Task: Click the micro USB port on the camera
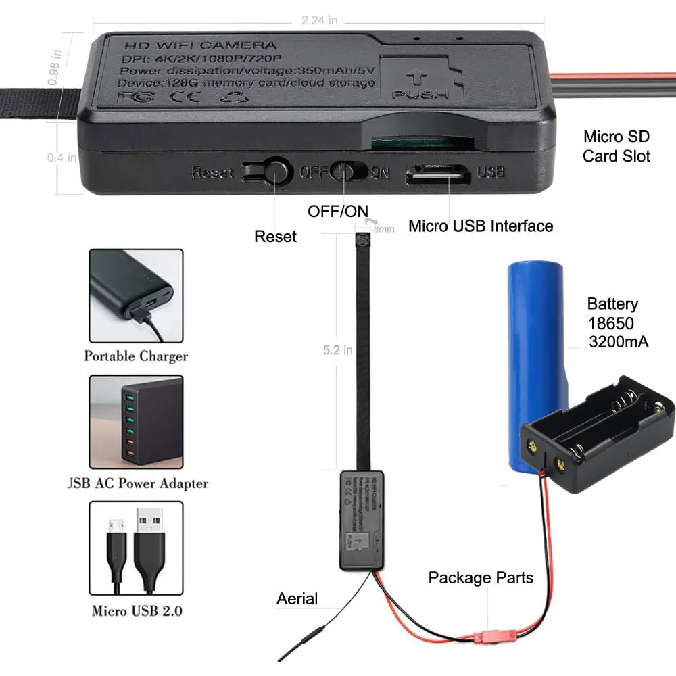437,174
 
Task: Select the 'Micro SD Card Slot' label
617,147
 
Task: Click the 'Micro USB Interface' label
481,226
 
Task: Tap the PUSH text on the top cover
420,94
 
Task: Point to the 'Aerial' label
297,598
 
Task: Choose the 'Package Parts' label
481,578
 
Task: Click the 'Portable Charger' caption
136,356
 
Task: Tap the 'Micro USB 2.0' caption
137,611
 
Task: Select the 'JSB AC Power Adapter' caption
136,483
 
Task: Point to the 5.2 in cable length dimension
337,350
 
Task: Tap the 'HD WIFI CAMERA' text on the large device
200,45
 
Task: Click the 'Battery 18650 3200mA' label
617,323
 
